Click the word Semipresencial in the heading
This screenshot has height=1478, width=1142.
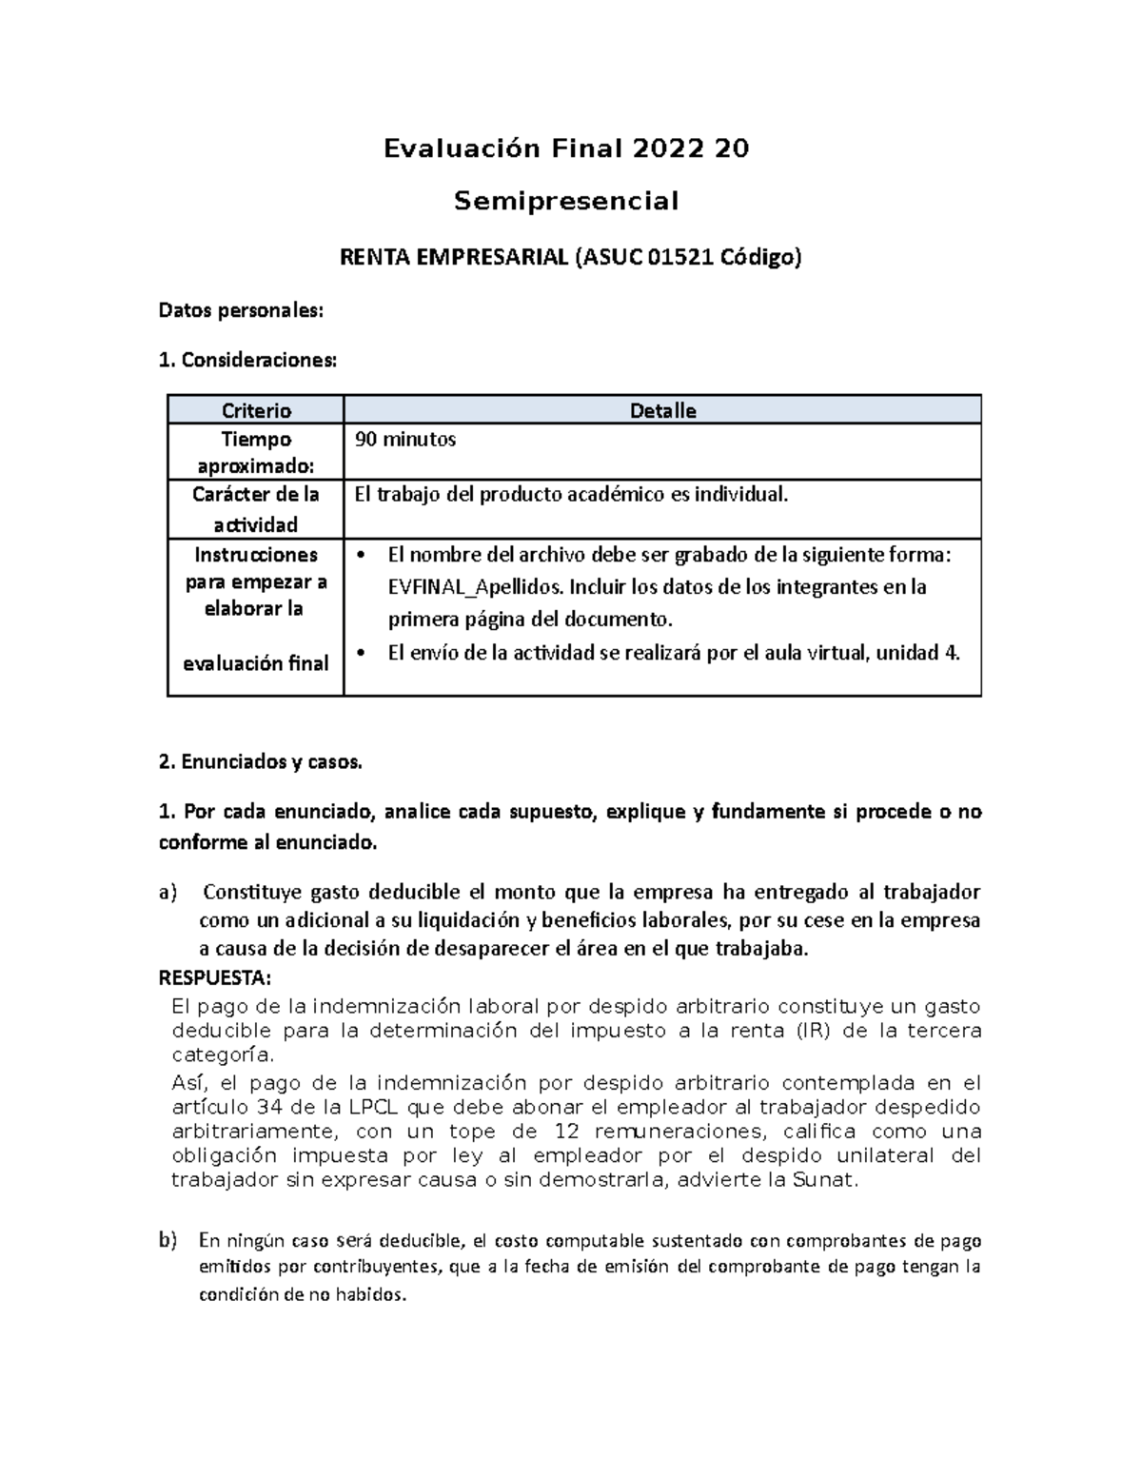tap(566, 202)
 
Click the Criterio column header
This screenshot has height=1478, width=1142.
tap(256, 410)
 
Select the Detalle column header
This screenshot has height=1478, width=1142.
tap(662, 410)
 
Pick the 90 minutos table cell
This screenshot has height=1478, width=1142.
tap(405, 439)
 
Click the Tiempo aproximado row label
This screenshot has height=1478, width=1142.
tap(256, 452)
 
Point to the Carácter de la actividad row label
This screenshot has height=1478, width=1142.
tap(256, 509)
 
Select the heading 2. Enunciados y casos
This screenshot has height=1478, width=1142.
tap(260, 761)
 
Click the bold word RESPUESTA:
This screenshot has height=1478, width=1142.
tap(214, 979)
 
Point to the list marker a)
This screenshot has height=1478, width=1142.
tap(167, 893)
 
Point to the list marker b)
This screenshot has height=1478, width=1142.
tap(167, 1240)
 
